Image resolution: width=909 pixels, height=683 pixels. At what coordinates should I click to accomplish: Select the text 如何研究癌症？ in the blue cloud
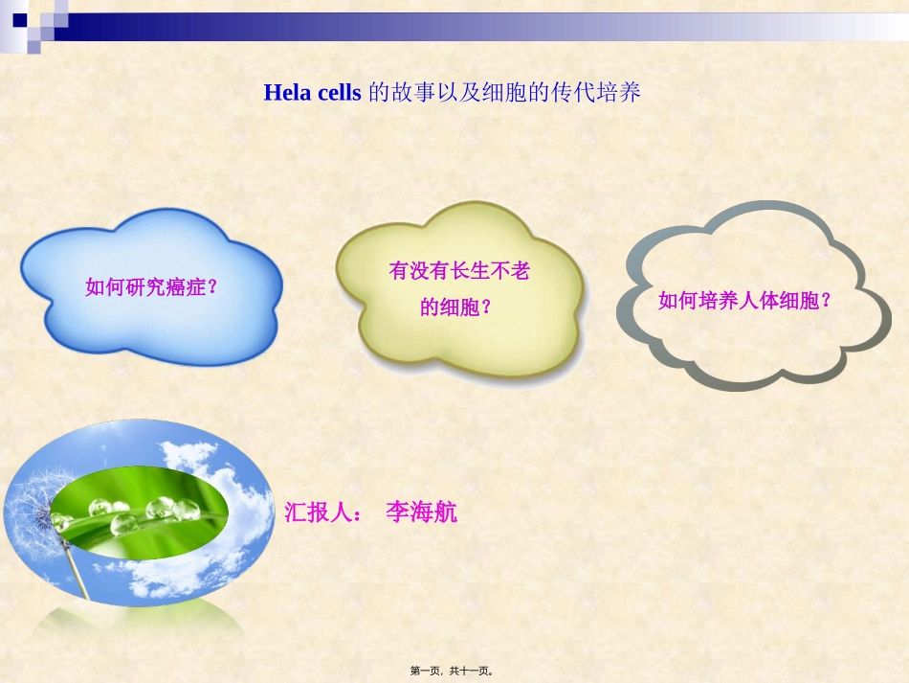click(x=152, y=286)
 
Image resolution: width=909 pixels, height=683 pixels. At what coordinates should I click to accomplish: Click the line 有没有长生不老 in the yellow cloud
click(x=459, y=271)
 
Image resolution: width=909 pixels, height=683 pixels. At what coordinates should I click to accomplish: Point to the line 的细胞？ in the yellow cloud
click(x=457, y=307)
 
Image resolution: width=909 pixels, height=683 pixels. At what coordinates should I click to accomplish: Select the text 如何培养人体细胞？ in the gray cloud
click(x=744, y=301)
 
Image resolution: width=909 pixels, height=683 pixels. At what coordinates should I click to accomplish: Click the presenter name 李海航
click(x=421, y=512)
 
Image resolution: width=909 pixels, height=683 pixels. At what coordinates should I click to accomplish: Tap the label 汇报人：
click(x=323, y=512)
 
